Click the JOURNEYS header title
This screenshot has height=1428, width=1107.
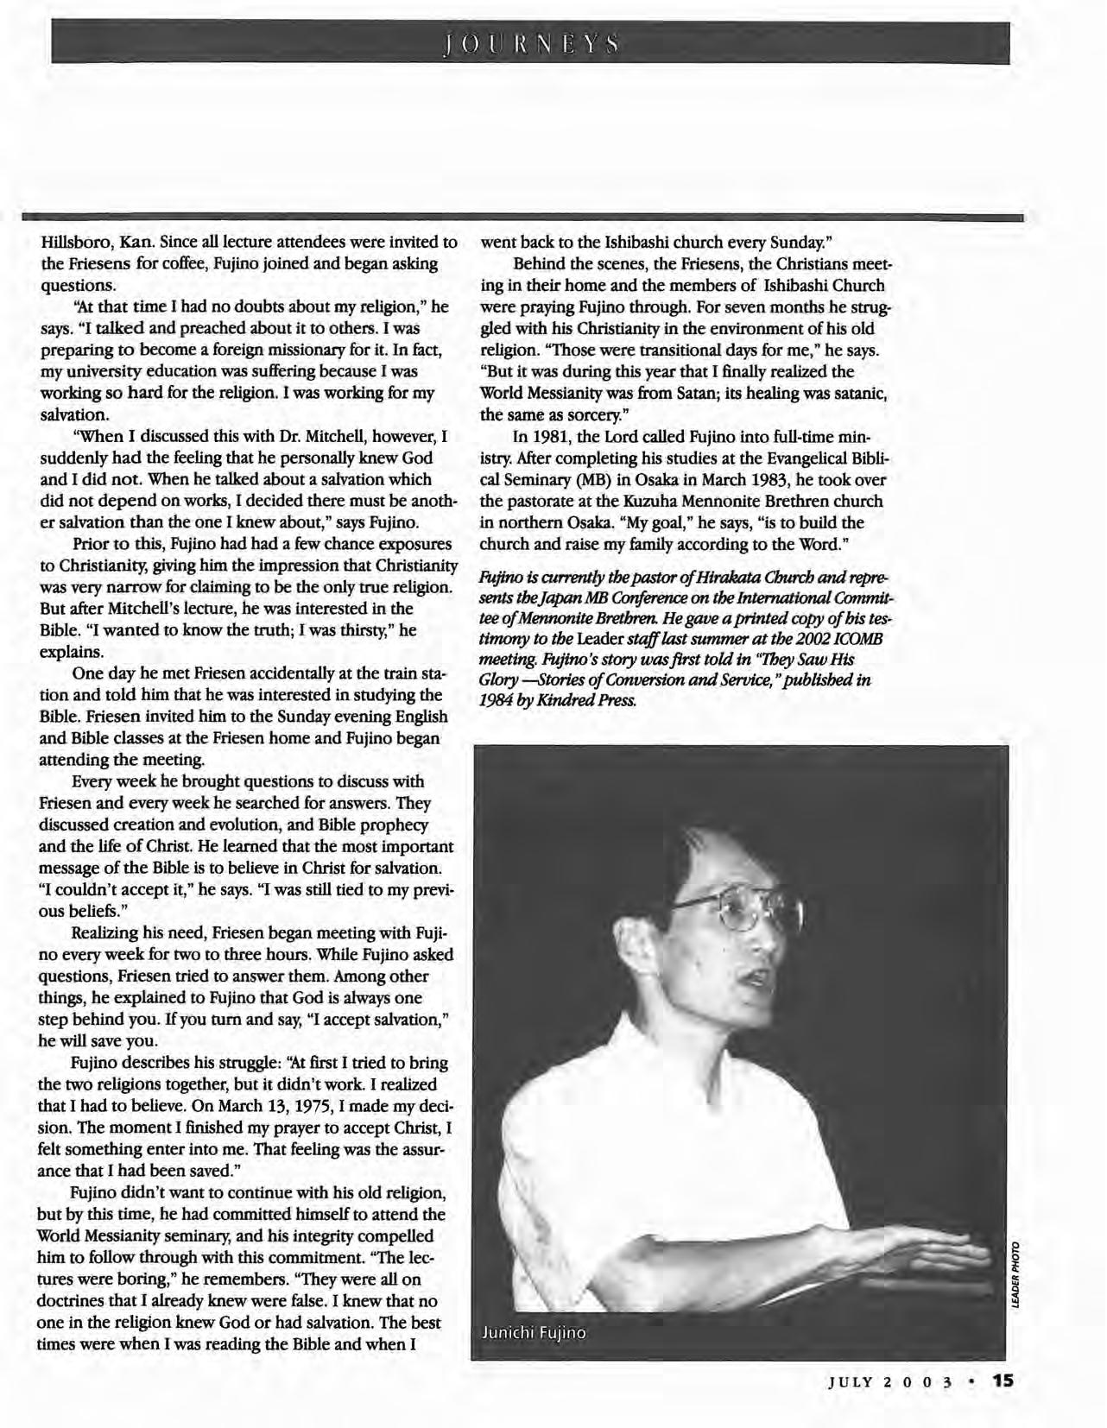pos(529,43)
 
